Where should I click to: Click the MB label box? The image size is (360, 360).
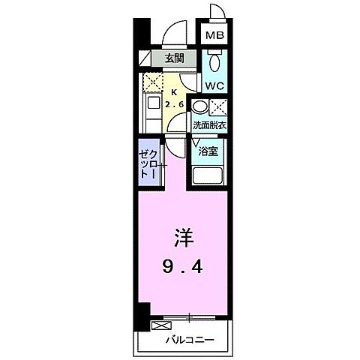click(215, 34)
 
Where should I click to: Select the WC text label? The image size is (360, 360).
click(214, 86)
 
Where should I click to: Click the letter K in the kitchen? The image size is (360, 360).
click(173, 91)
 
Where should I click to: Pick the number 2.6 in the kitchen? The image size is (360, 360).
click(175, 104)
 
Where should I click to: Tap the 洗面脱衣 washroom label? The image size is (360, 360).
click(208, 126)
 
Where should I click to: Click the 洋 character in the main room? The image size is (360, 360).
click(184, 239)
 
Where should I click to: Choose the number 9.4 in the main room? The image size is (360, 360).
click(184, 266)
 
